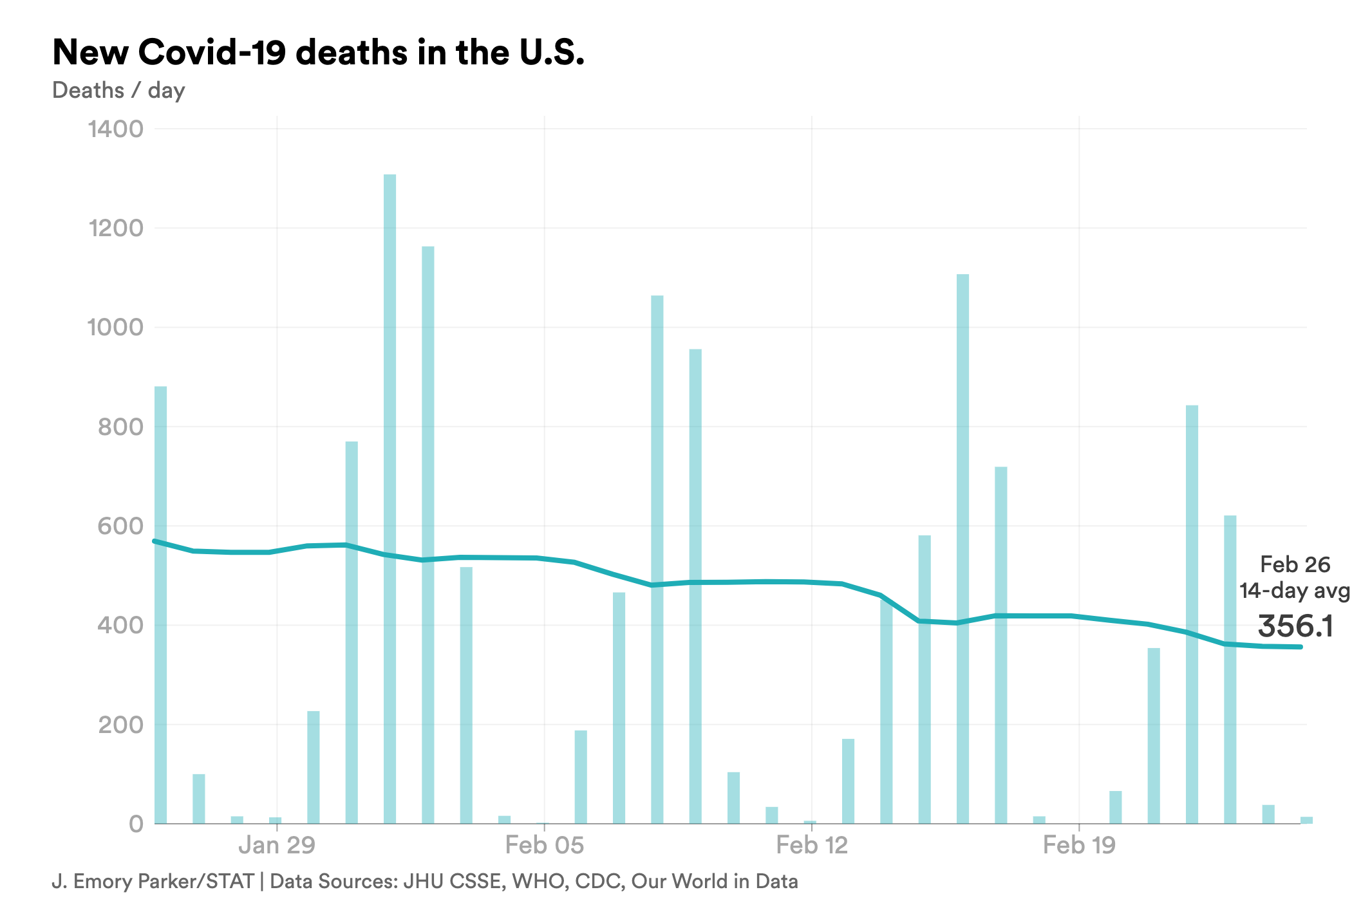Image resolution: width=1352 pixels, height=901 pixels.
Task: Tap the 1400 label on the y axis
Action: click(116, 129)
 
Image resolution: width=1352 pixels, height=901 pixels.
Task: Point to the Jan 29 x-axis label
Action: click(277, 845)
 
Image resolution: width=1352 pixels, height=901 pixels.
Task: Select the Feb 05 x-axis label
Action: click(545, 845)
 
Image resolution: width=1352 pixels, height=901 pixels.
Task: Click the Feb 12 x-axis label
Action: click(812, 845)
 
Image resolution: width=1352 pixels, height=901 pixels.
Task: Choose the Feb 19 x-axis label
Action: click(1079, 845)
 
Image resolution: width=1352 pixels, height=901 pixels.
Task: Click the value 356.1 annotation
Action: click(1295, 626)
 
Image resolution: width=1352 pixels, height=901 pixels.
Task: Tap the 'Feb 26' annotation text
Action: click(1295, 564)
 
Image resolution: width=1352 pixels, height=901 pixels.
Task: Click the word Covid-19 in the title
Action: click(212, 52)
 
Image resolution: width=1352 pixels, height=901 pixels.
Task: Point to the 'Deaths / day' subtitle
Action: click(118, 90)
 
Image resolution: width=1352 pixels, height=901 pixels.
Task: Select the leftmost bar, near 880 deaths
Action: click(160, 605)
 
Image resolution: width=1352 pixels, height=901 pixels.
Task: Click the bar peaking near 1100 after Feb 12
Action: click(962, 547)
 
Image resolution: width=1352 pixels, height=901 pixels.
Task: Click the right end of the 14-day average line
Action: click(1300, 647)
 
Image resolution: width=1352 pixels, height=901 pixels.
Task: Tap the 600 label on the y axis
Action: click(120, 526)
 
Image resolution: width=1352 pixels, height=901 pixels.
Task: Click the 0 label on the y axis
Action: click(136, 824)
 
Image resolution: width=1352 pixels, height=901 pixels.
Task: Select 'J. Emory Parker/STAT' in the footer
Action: click(153, 881)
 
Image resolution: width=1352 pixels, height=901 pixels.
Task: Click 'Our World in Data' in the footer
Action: click(714, 881)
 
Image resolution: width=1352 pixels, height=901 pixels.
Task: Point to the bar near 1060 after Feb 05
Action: click(657, 560)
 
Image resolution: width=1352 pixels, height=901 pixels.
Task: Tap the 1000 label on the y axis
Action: click(116, 328)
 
